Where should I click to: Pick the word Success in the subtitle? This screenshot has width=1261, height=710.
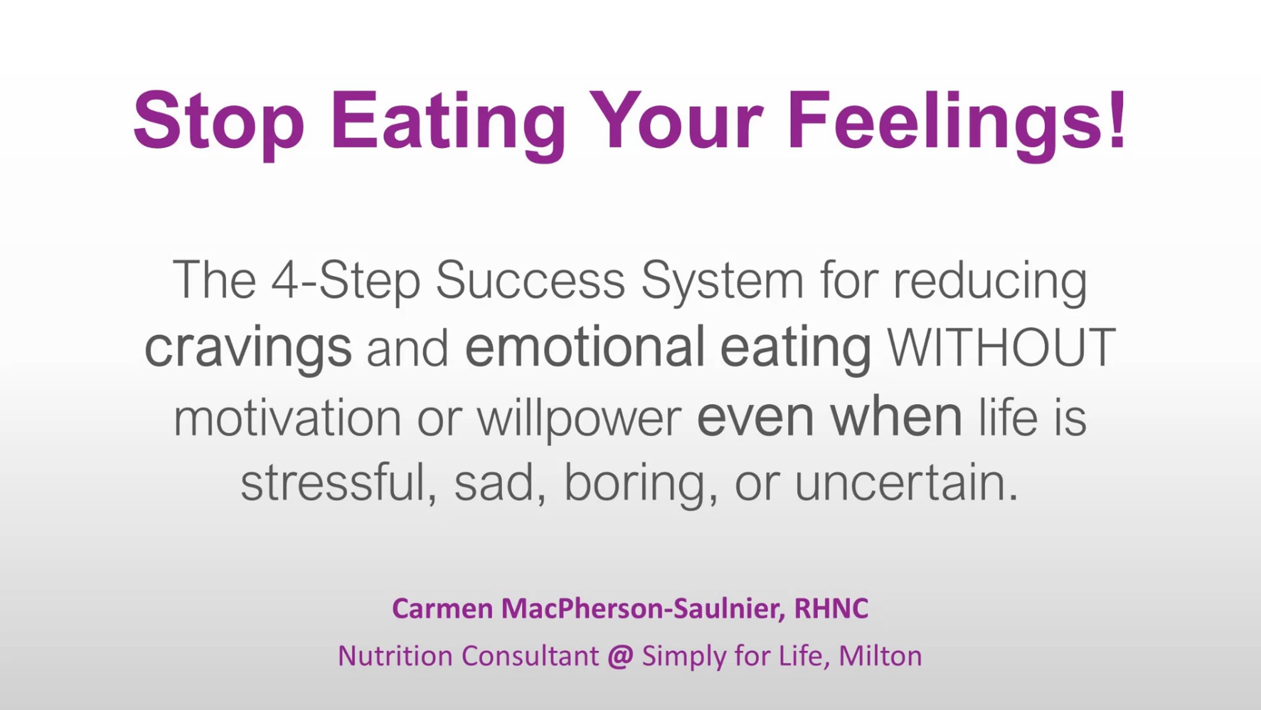coord(531,279)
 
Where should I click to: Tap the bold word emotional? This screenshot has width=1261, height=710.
coord(585,346)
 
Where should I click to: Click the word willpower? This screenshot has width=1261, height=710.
coord(580,419)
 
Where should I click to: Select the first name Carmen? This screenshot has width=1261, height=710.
coord(442,609)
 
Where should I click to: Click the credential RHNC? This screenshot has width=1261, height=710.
coord(831,608)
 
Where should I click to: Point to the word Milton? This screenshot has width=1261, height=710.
coord(881,656)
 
